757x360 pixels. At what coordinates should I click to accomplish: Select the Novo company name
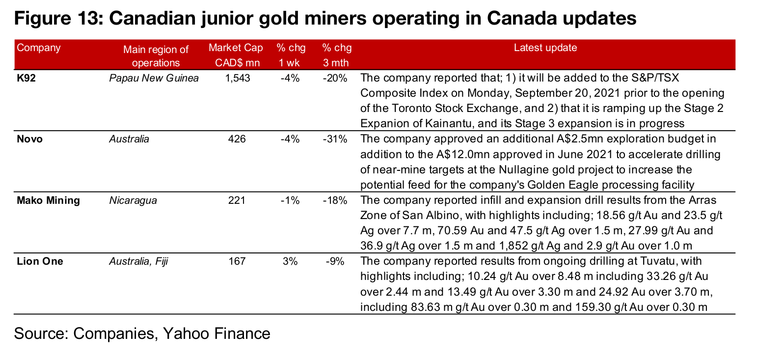[29, 139]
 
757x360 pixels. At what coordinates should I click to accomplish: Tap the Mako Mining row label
[48, 200]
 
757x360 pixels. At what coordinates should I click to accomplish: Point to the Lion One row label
[40, 261]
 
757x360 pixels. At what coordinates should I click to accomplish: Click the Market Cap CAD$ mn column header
[236, 55]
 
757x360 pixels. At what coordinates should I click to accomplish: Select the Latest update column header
[545, 48]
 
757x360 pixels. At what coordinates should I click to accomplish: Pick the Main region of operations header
[156, 55]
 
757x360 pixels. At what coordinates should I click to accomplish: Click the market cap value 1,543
[238, 78]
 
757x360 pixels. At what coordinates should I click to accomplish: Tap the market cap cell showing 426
[237, 139]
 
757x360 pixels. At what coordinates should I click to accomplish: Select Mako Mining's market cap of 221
[237, 200]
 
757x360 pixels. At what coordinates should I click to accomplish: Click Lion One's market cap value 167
[237, 261]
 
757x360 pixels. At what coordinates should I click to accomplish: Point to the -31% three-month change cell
[336, 139]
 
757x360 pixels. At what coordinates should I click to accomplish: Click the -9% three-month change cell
[336, 261]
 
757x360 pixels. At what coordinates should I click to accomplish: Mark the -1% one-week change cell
[290, 200]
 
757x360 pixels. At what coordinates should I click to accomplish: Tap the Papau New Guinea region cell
[154, 78]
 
